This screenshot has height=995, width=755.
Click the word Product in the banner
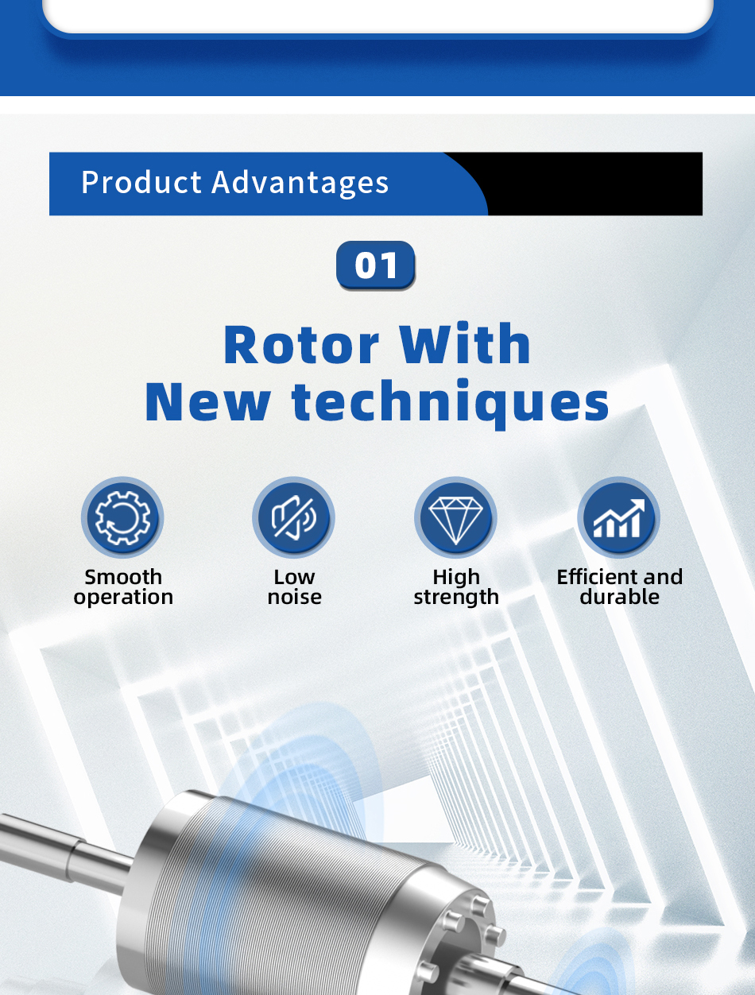(x=141, y=182)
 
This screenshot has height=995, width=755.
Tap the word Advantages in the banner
(x=300, y=183)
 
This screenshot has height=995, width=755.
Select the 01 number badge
(x=376, y=265)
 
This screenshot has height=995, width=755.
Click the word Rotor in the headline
(x=301, y=344)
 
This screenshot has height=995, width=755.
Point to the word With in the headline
(x=464, y=343)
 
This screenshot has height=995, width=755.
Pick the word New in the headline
(x=207, y=401)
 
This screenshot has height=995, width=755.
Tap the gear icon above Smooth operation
(x=123, y=517)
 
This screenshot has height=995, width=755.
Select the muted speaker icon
(x=294, y=517)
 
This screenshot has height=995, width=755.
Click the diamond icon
(x=456, y=521)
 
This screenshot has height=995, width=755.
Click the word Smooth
(x=123, y=577)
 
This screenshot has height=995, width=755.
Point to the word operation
(x=123, y=597)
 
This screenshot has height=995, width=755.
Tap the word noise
(x=295, y=597)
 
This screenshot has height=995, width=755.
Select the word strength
(x=456, y=597)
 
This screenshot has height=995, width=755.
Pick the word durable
(x=620, y=596)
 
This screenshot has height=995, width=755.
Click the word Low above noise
(x=294, y=577)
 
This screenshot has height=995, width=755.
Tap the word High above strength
(x=456, y=578)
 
